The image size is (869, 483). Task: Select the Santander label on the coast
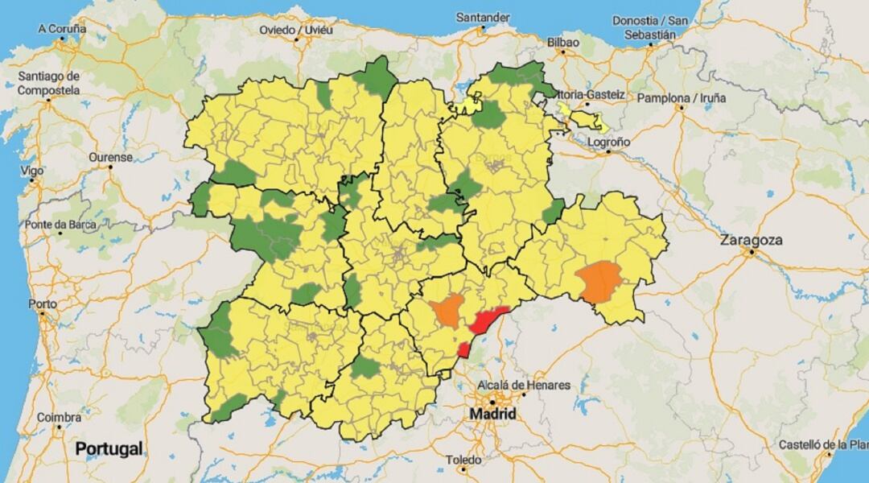[483, 17]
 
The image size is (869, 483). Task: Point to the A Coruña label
[61, 28]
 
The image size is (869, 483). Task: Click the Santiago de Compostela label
[49, 83]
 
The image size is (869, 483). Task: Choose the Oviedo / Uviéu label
[296, 30]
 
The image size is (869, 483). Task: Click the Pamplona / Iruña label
[682, 98]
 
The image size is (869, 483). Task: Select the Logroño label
[607, 142]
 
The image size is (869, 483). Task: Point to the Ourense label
[110, 157]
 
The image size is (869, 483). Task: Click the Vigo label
[32, 171]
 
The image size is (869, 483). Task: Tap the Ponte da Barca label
[60, 225]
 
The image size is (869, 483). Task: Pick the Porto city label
[42, 304]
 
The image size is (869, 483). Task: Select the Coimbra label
[59, 417]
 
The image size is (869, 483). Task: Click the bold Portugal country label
[109, 448]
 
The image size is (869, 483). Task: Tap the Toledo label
[464, 460]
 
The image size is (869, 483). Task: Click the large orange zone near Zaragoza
[600, 283]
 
